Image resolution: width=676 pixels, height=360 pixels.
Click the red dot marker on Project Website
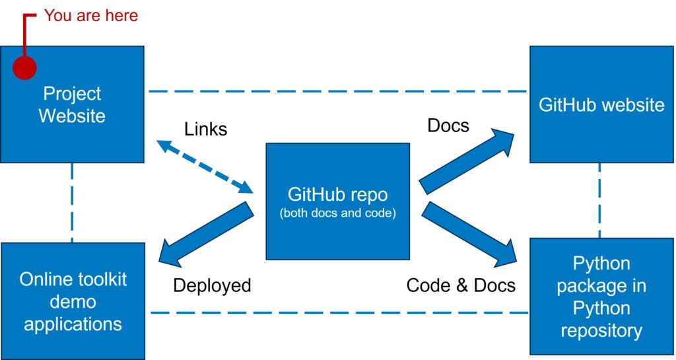click(x=24, y=67)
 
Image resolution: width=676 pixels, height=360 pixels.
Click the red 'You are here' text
click(x=91, y=15)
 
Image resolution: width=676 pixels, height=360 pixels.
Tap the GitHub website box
click(x=601, y=105)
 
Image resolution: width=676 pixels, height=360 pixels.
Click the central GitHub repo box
click(x=337, y=201)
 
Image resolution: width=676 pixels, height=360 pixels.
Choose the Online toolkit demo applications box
click(x=73, y=301)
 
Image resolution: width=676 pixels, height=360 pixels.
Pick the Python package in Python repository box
click(x=601, y=297)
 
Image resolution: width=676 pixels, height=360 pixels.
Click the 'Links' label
click(x=205, y=129)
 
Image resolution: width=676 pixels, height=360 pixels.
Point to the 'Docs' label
click(x=448, y=126)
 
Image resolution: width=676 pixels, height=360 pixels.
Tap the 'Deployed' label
click(x=212, y=285)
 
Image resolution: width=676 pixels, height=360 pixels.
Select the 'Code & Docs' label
click(x=461, y=285)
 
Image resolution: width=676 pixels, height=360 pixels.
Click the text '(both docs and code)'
click(x=337, y=214)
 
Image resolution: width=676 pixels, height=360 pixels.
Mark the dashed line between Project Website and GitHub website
click(x=337, y=91)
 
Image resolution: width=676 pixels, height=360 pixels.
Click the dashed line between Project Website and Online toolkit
click(x=72, y=202)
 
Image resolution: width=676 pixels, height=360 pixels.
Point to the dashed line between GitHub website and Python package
click(x=599, y=200)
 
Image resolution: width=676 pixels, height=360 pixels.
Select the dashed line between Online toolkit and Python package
click(x=337, y=312)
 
